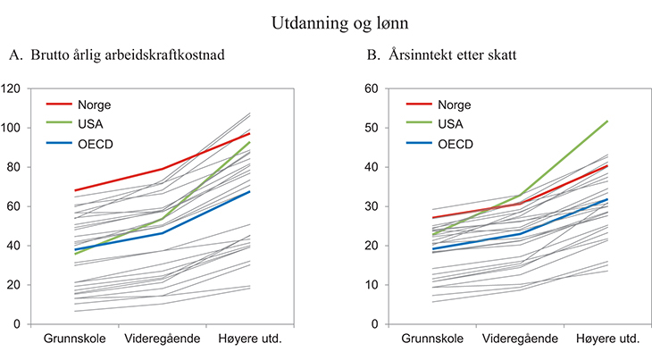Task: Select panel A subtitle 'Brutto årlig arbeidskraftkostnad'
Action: tap(127, 55)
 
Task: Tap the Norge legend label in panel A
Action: tap(94, 105)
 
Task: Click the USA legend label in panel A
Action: tap(90, 124)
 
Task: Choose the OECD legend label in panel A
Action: tap(95, 144)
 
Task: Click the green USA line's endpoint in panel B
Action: tap(608, 121)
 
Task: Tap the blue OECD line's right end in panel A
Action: tap(249, 191)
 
